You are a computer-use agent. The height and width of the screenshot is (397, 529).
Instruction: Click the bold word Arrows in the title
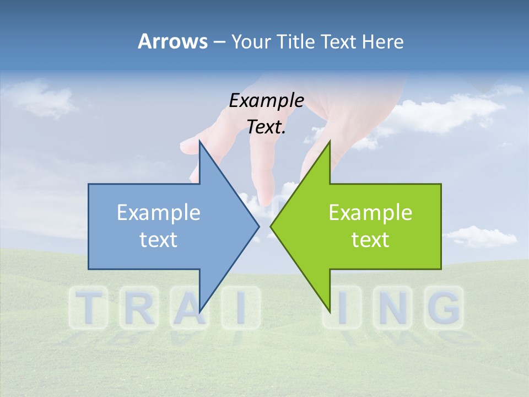pyautogui.click(x=172, y=41)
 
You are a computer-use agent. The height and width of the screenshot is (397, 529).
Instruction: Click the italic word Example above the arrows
pyautogui.click(x=266, y=100)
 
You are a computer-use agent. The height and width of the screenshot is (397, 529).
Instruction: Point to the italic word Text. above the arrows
pyautogui.click(x=266, y=127)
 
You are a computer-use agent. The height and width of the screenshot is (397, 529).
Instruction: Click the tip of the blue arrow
pyautogui.click(x=258, y=226)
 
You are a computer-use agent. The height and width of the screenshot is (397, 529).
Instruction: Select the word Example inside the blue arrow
pyautogui.click(x=159, y=213)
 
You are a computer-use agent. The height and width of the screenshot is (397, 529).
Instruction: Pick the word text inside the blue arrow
pyautogui.click(x=159, y=239)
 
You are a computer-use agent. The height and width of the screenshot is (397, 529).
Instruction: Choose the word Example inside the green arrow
pyautogui.click(x=370, y=213)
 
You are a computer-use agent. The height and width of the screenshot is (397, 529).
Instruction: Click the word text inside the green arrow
pyautogui.click(x=370, y=239)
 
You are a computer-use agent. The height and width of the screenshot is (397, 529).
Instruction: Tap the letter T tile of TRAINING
pyautogui.click(x=88, y=308)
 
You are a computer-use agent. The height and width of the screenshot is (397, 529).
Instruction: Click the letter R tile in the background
pyautogui.click(x=138, y=308)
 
